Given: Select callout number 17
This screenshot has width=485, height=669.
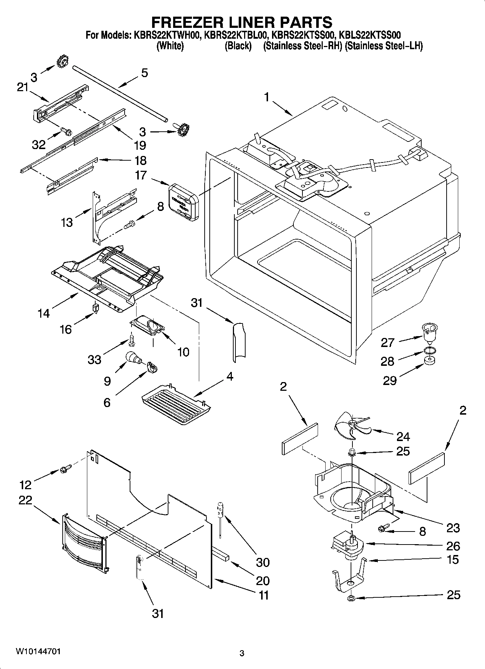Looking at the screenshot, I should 141,175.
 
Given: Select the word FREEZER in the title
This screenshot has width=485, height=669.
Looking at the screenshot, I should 185,22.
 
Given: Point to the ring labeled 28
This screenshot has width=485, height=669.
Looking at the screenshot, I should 429,350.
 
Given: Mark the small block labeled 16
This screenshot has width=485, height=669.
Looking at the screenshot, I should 96,308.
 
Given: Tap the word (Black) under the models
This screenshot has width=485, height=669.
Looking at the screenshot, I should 238,46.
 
